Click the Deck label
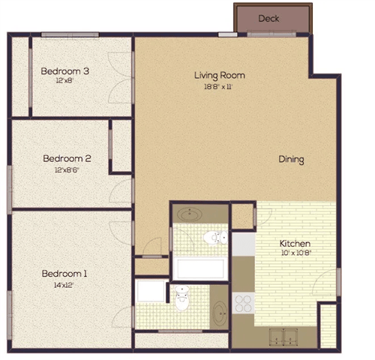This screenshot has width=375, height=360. [268, 18]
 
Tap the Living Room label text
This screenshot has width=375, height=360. [220, 75]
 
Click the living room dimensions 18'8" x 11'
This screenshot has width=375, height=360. [219, 87]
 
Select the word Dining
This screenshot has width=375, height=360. [291, 159]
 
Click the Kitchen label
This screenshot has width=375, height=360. [295, 244]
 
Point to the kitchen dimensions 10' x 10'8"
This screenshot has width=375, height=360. [295, 254]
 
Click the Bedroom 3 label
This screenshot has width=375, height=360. [65, 71]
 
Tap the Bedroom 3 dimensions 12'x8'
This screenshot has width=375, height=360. [65, 82]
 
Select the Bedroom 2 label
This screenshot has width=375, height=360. [67, 158]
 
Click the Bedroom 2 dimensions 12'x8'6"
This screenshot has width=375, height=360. [67, 169]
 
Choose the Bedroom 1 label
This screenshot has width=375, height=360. [64, 274]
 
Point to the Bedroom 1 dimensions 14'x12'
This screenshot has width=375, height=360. [64, 285]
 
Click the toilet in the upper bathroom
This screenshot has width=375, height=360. [214, 238]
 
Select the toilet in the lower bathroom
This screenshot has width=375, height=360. [182, 301]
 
